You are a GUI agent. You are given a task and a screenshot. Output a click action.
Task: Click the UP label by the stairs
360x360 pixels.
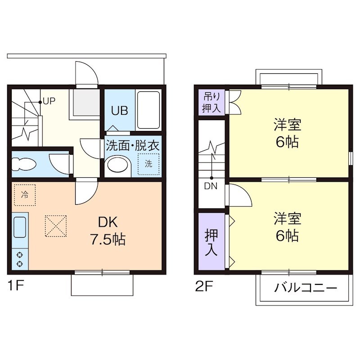click(x=49, y=101)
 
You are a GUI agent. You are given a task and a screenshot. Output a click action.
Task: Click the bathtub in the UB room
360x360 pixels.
click(x=148, y=110)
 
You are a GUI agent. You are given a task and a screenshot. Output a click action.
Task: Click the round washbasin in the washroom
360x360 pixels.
click(x=117, y=165)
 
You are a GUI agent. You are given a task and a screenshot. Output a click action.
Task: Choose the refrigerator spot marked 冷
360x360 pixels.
click(x=24, y=195)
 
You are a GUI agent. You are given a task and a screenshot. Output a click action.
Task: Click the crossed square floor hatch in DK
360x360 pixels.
click(x=55, y=226)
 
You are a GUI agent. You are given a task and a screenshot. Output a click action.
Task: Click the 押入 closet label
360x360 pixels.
click(x=211, y=241)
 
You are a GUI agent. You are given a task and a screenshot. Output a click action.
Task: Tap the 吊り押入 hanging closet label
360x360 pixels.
click(x=211, y=102)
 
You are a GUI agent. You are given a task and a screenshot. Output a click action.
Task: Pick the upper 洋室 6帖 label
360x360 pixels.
click(x=287, y=133)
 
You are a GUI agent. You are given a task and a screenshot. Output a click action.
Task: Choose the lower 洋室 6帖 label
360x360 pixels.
click(x=287, y=227)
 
